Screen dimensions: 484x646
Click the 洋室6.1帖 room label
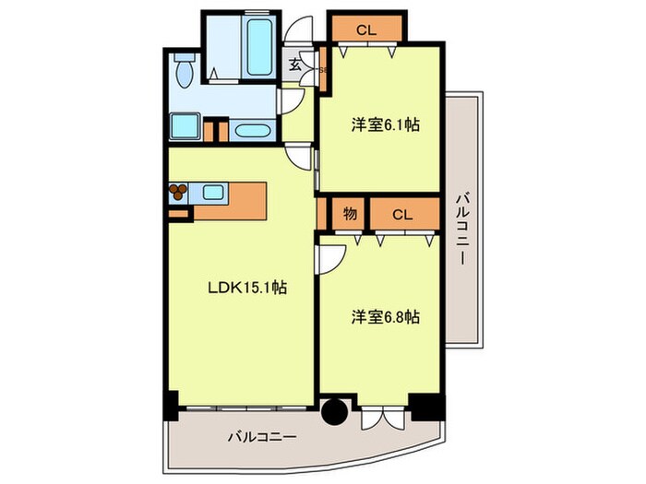(x=385, y=124)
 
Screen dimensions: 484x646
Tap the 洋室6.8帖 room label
(x=385, y=316)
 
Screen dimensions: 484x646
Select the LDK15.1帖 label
(x=245, y=288)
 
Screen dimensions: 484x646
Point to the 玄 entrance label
(x=294, y=65)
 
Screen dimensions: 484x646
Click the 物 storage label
(x=350, y=214)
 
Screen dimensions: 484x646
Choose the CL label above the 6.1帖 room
(x=365, y=30)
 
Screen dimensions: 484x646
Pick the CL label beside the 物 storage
(x=401, y=215)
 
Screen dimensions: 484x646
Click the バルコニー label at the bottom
(x=262, y=438)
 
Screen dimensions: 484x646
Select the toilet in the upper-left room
(x=183, y=68)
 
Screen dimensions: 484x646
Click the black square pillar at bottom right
(x=426, y=406)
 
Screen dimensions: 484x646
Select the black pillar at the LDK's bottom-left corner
(x=170, y=404)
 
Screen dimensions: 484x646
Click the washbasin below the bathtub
(x=252, y=130)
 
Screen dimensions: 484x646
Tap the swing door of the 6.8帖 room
(x=329, y=261)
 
